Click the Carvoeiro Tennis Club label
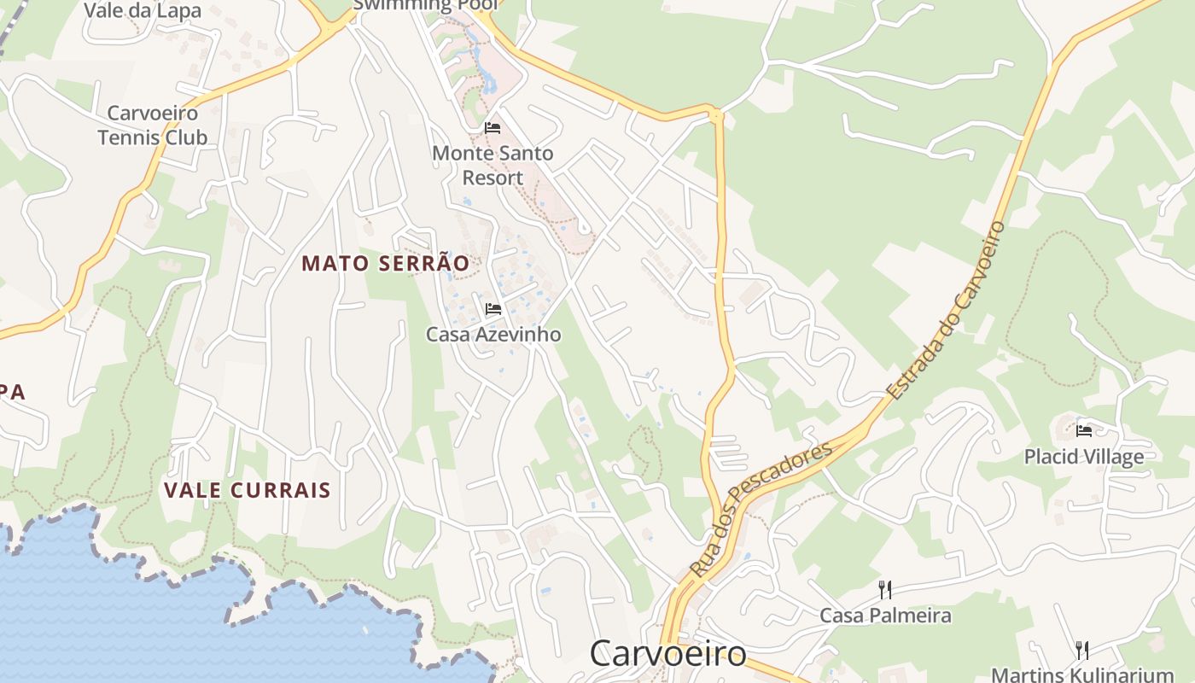pyautogui.click(x=152, y=125)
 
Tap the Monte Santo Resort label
pyautogui.click(x=493, y=166)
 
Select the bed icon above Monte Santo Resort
pyautogui.click(x=493, y=128)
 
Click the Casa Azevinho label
pyautogui.click(x=493, y=334)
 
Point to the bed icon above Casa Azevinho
pyautogui.click(x=493, y=308)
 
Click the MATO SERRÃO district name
pyautogui.click(x=385, y=264)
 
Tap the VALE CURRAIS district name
pyautogui.click(x=247, y=490)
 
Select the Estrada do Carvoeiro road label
pyautogui.click(x=947, y=310)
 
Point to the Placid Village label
pyautogui.click(x=1083, y=457)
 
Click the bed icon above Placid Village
pyautogui.click(x=1084, y=430)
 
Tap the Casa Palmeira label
pyautogui.click(x=885, y=615)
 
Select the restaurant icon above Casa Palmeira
pyautogui.click(x=885, y=589)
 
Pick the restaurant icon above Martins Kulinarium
pyautogui.click(x=1082, y=650)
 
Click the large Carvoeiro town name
pyautogui.click(x=667, y=654)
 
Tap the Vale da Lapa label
pyautogui.click(x=143, y=10)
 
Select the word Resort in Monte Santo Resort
pyautogui.click(x=493, y=178)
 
